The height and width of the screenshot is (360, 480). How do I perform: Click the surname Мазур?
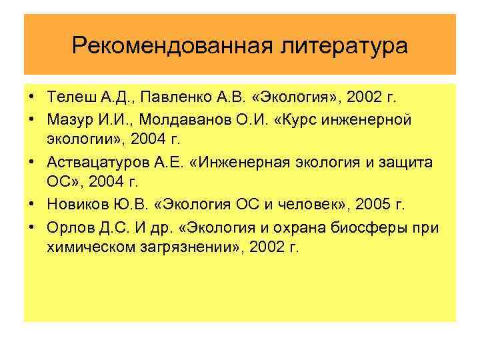(x=67, y=119)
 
